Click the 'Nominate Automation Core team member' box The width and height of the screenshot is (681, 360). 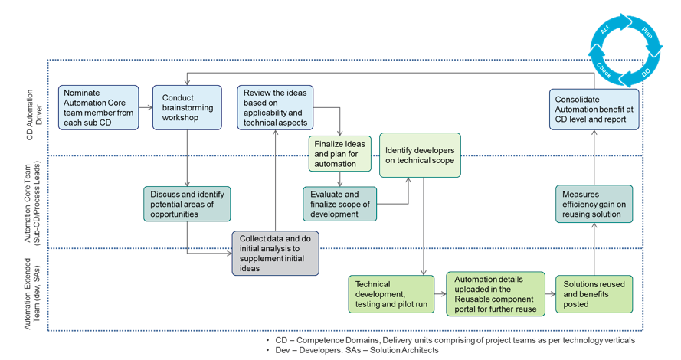[x=99, y=107]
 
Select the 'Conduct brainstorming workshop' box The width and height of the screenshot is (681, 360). [x=187, y=107]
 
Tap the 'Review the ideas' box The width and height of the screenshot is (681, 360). [x=275, y=107]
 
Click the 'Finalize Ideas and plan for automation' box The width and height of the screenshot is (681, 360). [x=340, y=153]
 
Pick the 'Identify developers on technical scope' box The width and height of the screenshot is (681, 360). [x=420, y=155]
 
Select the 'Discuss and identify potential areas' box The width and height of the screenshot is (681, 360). [x=187, y=204]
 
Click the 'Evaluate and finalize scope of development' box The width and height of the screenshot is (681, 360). [x=340, y=204]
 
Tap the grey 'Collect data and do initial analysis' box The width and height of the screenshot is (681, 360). [x=275, y=253]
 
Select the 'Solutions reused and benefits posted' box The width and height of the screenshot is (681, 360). [x=594, y=293]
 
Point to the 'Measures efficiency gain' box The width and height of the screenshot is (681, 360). [x=594, y=204]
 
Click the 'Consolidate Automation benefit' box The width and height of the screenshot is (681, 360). [x=594, y=109]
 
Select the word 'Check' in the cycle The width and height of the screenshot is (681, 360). [x=604, y=70]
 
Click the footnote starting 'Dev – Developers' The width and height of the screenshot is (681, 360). [x=352, y=350]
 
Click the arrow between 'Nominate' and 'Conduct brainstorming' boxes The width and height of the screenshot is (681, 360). [x=146, y=107]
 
